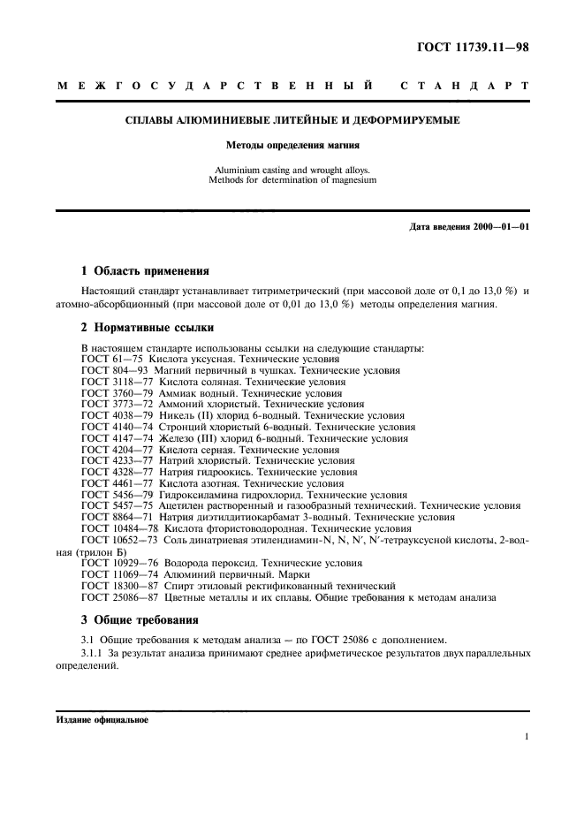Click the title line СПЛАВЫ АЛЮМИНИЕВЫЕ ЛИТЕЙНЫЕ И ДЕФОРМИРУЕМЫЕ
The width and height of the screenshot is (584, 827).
(x=291, y=119)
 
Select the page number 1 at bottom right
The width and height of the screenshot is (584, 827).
(x=526, y=737)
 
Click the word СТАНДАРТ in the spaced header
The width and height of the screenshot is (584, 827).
(x=465, y=87)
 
